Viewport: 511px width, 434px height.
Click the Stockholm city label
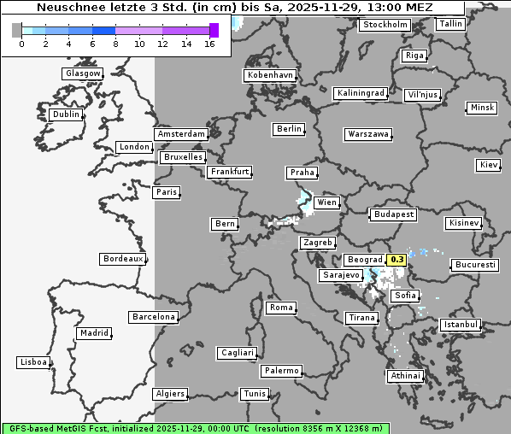(385, 25)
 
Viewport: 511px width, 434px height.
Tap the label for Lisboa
(33, 362)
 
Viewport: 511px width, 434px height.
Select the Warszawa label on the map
(368, 134)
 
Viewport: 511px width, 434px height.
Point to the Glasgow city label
(82, 73)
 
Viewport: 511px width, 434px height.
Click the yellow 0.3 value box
(397, 260)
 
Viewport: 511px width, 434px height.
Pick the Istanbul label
(461, 325)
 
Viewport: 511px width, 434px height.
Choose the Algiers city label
(169, 394)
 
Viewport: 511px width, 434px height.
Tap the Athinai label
(405, 376)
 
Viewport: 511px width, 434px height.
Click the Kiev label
(489, 165)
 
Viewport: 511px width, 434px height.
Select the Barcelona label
(153, 317)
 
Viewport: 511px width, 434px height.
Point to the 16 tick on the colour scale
(210, 44)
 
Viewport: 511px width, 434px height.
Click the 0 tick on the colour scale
(21, 44)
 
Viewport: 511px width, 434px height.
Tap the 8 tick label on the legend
(116, 44)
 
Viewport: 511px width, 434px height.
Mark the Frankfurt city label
(229, 172)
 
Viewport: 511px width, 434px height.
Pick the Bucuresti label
(475, 265)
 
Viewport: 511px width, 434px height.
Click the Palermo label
(281, 371)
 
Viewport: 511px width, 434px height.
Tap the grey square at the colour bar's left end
(17, 30)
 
